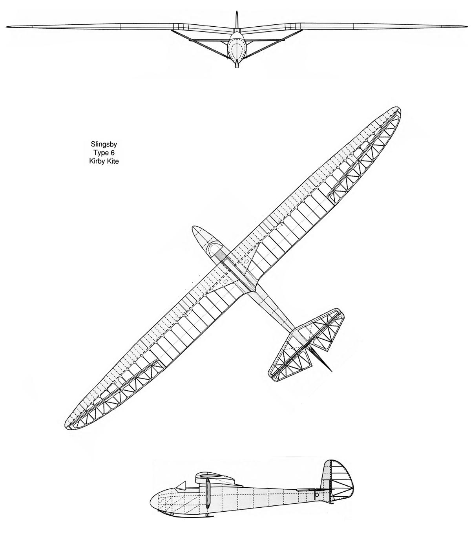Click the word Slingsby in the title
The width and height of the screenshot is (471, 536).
pos(104,145)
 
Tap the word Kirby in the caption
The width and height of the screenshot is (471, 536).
pos(96,161)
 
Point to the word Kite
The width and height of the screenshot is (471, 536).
pos(112,161)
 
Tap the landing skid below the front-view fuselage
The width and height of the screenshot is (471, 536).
pos(237,64)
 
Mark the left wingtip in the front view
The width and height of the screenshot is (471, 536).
pos(7,27)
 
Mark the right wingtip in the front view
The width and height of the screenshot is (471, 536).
pos(467,26)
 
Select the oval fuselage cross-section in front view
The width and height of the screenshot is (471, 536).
pos(237,47)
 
